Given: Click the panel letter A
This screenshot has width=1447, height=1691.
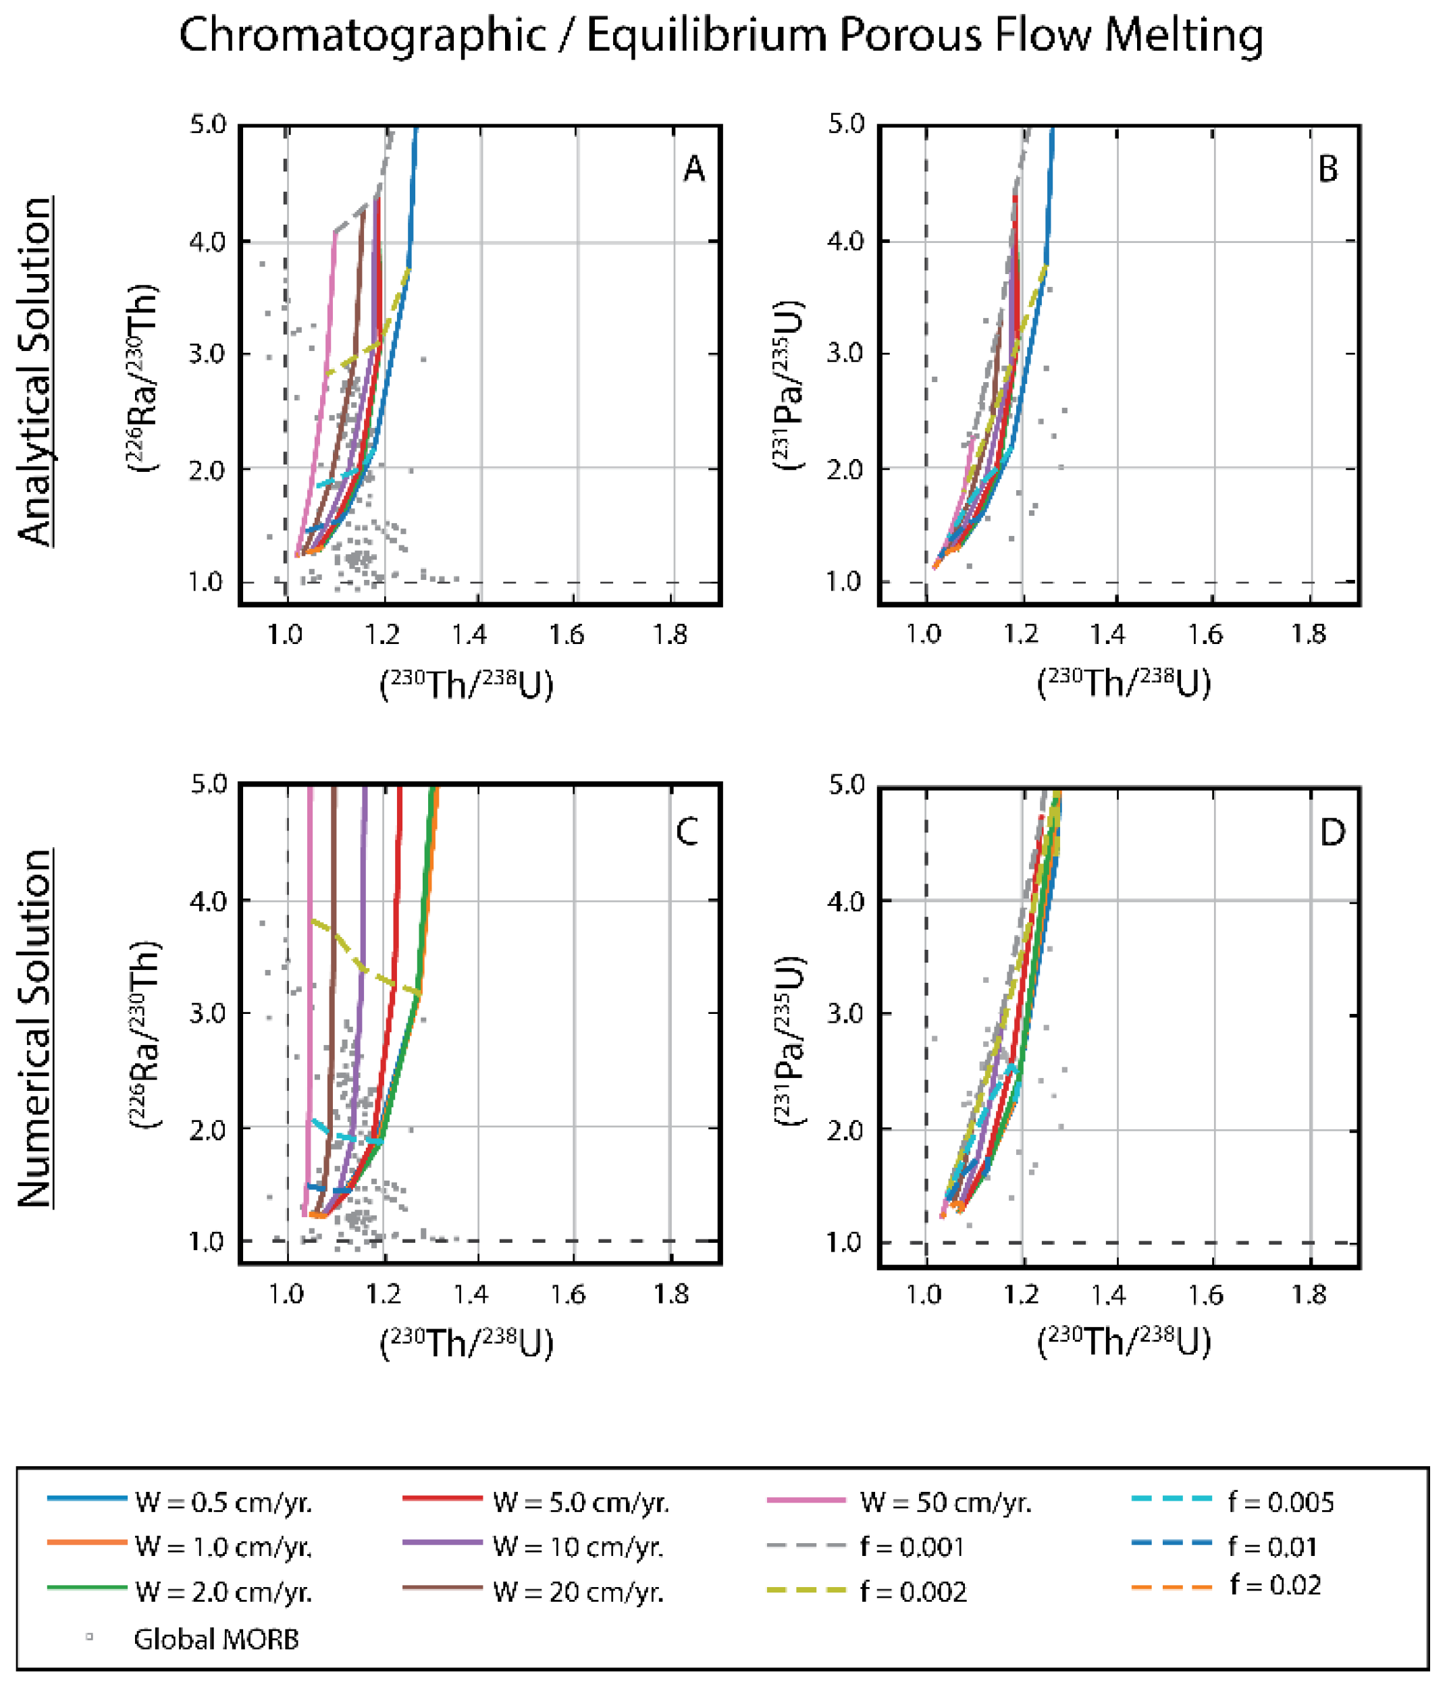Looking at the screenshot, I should (x=693, y=169).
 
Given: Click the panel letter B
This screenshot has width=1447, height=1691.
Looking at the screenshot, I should (x=1328, y=169).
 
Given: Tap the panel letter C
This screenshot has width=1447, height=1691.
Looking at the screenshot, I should (x=687, y=832).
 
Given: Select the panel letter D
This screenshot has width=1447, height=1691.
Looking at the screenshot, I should (x=1332, y=832).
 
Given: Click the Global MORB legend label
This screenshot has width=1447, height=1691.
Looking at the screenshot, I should (x=215, y=1639).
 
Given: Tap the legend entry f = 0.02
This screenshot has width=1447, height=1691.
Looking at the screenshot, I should (x=1275, y=1585).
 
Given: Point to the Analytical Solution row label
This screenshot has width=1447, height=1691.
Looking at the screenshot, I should (x=36, y=371).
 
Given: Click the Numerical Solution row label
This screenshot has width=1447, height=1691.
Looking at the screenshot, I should (x=36, y=1028).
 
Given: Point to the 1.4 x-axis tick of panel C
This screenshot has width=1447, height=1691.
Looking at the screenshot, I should (x=471, y=1295).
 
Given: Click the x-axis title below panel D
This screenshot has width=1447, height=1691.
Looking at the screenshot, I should (x=1124, y=1343).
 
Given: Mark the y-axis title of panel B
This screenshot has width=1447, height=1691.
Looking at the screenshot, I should (x=787, y=383).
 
